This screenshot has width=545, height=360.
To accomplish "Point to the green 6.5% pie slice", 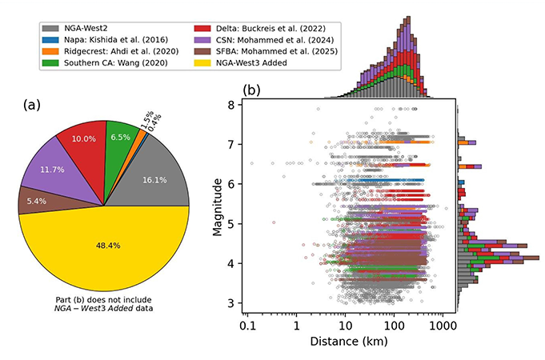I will point(120,138).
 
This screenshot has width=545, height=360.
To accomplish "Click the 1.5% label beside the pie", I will point(146,118).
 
